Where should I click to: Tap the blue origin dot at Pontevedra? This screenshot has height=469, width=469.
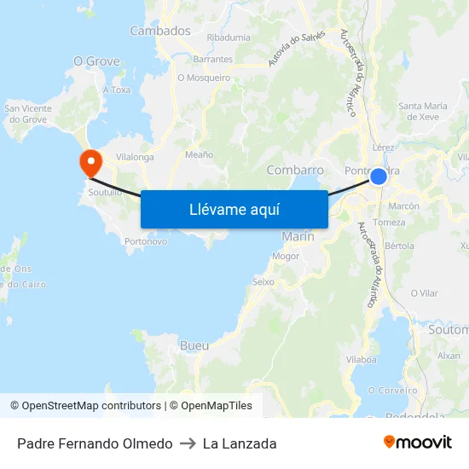[x=379, y=177]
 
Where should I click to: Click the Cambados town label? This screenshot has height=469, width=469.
[x=160, y=31]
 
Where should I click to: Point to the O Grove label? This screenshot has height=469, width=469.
[x=96, y=61]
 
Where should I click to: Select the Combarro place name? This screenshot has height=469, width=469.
[x=295, y=170]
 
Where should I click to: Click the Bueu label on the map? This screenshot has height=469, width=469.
[x=194, y=345]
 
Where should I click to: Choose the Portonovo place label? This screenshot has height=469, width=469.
[x=146, y=241]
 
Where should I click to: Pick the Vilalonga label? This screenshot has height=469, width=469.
[x=135, y=157]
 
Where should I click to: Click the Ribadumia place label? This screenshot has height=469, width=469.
[x=229, y=38]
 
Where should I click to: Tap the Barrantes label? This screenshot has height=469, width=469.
[x=213, y=60]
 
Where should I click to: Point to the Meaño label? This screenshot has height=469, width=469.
[x=199, y=155]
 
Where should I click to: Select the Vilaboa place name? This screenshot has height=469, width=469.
[x=362, y=360]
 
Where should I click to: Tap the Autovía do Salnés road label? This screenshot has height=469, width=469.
[x=297, y=49]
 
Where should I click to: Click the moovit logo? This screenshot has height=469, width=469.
[x=417, y=443]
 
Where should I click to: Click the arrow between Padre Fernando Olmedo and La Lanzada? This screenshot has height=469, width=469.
[x=188, y=443]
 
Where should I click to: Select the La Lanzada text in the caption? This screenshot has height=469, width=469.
[x=240, y=443]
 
